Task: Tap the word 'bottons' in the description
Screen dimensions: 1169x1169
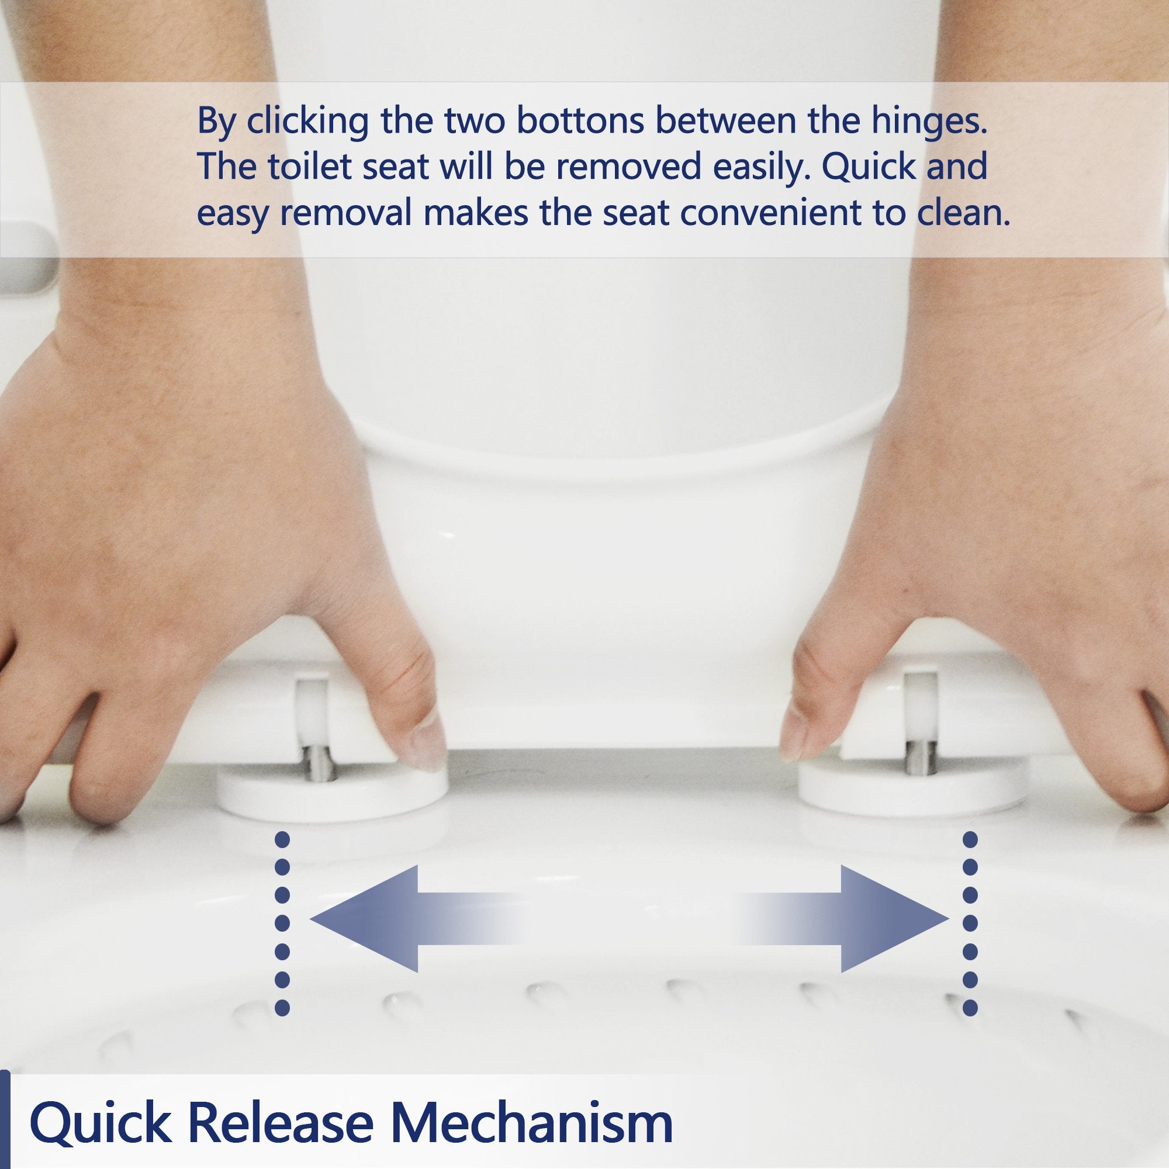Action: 580,121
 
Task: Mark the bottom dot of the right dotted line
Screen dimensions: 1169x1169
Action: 970,1008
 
